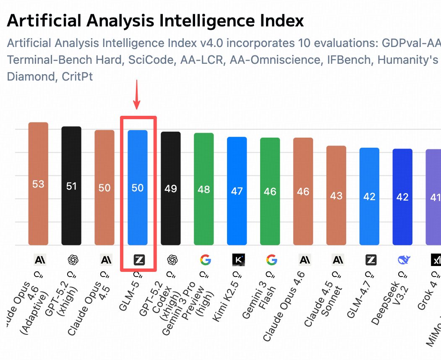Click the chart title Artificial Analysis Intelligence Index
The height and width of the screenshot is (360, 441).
[155, 21]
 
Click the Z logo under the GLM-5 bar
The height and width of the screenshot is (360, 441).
[138, 260]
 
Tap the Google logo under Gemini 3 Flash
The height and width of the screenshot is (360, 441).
[271, 260]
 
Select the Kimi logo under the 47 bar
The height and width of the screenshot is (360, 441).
[237, 260]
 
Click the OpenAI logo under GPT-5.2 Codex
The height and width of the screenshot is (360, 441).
[171, 260]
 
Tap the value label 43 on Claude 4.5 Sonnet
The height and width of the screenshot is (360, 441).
[337, 196]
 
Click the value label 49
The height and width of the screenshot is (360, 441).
[171, 188]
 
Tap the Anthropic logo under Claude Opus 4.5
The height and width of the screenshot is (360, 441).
[105, 260]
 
